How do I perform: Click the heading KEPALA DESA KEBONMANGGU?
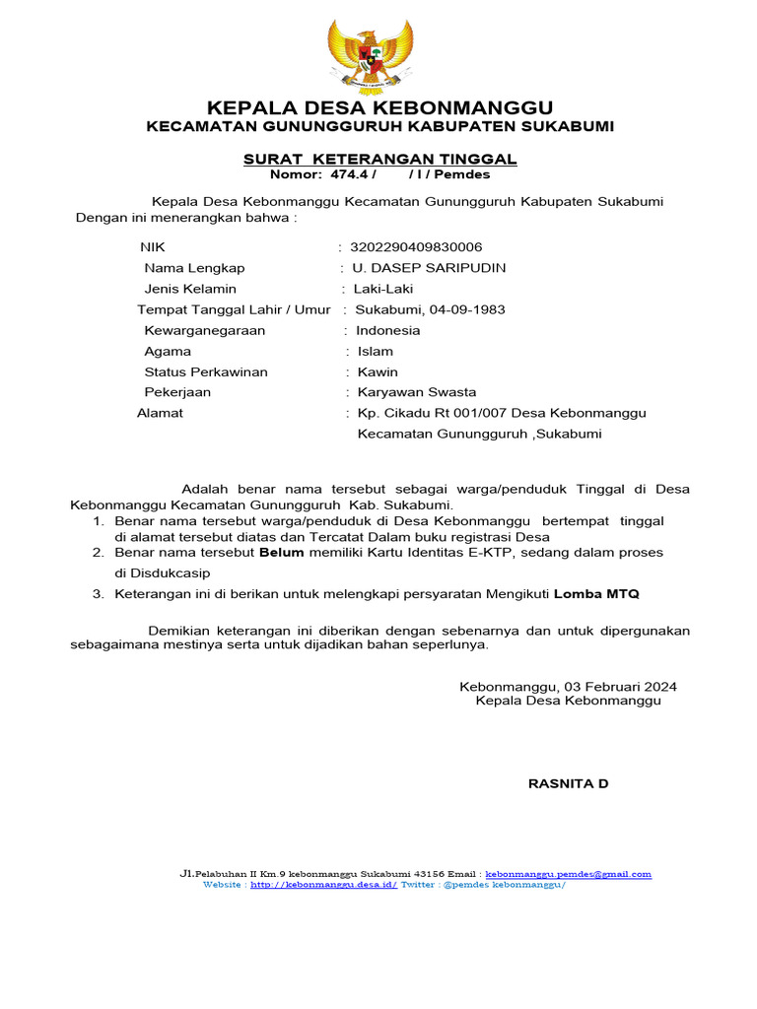pyautogui.click(x=378, y=107)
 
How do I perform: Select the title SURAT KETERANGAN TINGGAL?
pyautogui.click(x=379, y=160)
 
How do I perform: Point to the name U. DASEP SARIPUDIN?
pyautogui.click(x=422, y=268)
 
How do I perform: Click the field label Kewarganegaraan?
pyautogui.click(x=204, y=330)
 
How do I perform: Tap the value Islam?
pyautogui.click(x=375, y=351)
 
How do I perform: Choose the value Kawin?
pyautogui.click(x=378, y=371)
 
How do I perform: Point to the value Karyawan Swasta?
pyautogui.click(x=416, y=392)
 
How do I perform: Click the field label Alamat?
pyautogui.click(x=160, y=413)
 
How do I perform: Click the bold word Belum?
pyautogui.click(x=282, y=553)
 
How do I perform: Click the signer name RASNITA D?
pyautogui.click(x=569, y=783)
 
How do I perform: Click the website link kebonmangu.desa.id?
pyautogui.click(x=323, y=885)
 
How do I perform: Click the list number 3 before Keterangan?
pyautogui.click(x=97, y=594)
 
